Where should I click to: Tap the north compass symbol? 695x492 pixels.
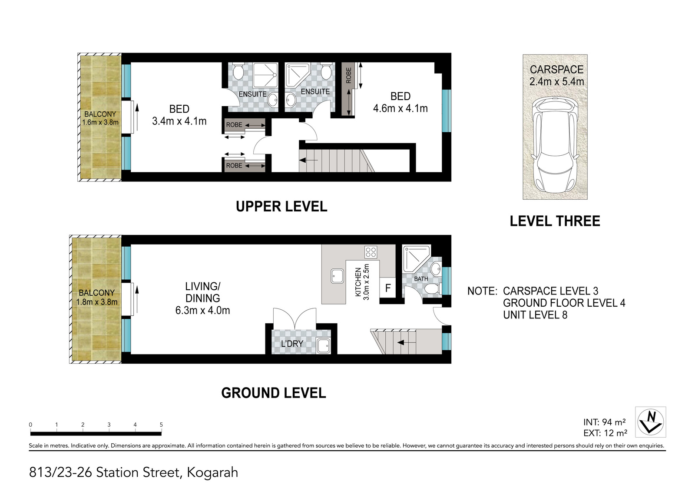pyautogui.click(x=650, y=422)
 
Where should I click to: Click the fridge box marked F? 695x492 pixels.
pyautogui.click(x=388, y=288)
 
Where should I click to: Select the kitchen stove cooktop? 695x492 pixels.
pyautogui.click(x=371, y=252)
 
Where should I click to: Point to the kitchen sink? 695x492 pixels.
pyautogui.click(x=337, y=276)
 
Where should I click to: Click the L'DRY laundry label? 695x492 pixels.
pyautogui.click(x=292, y=343)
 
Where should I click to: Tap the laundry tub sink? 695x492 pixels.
pyautogui.click(x=323, y=345)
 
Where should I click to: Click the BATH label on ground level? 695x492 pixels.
pyautogui.click(x=421, y=279)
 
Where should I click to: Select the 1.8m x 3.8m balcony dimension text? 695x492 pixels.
pyautogui.click(x=97, y=302)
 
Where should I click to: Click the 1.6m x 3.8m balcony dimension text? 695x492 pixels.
pyautogui.click(x=100, y=122)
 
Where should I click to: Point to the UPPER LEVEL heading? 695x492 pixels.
pyautogui.click(x=281, y=206)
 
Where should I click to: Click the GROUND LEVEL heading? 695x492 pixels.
pyautogui.click(x=273, y=393)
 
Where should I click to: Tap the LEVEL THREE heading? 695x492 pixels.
pyautogui.click(x=555, y=221)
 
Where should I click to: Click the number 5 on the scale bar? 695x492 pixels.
pyautogui.click(x=161, y=425)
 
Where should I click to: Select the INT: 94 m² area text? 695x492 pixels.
pyautogui.click(x=604, y=422)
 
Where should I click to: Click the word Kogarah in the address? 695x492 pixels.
pyautogui.click(x=212, y=472)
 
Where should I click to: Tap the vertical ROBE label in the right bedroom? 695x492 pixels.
pyautogui.click(x=348, y=76)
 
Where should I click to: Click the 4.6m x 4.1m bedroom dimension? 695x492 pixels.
pyautogui.click(x=400, y=108)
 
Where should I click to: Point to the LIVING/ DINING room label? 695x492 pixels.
pyautogui.click(x=202, y=292)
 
